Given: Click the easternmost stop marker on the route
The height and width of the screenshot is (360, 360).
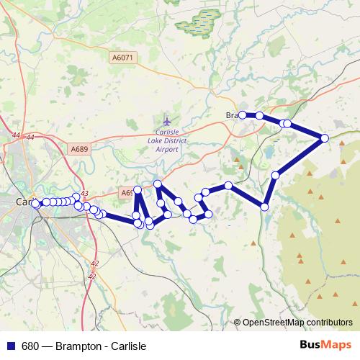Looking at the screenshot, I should click(x=325, y=138).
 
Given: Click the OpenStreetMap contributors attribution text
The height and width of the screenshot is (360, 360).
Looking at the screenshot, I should click(x=297, y=322).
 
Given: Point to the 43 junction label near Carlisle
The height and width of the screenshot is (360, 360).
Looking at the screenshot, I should click(x=84, y=193).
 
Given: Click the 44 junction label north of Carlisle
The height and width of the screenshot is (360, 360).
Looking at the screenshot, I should click(x=30, y=136).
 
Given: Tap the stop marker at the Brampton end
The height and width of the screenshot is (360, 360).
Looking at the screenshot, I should click(x=243, y=115).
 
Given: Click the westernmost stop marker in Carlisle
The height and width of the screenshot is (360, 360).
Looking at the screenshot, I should click(x=35, y=204).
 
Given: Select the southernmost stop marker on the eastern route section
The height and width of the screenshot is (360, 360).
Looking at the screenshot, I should click(x=265, y=207).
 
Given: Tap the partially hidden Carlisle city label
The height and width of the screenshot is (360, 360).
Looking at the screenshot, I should click(x=23, y=202).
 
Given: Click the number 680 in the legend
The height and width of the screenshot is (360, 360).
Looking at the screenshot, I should click(x=30, y=346).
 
